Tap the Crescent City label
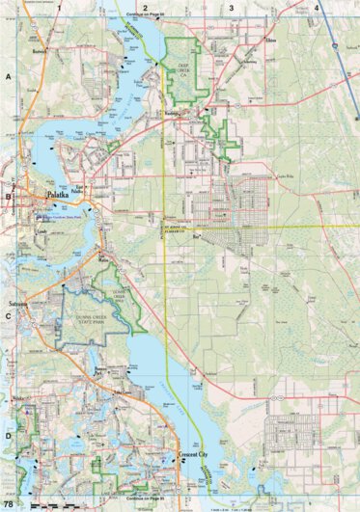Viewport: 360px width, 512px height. click(x=196, y=452)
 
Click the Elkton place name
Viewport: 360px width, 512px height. click(x=270, y=41)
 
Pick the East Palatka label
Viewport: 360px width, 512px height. click(x=81, y=189)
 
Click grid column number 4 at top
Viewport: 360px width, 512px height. click(x=317, y=7)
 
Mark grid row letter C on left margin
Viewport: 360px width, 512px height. click(x=8, y=314)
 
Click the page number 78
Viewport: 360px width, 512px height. click(x=9, y=504)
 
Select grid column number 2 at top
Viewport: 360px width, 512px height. click(x=145, y=7)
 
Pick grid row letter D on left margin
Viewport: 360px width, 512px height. click(x=8, y=435)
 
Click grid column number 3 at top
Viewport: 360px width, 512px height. click(x=231, y=7)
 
